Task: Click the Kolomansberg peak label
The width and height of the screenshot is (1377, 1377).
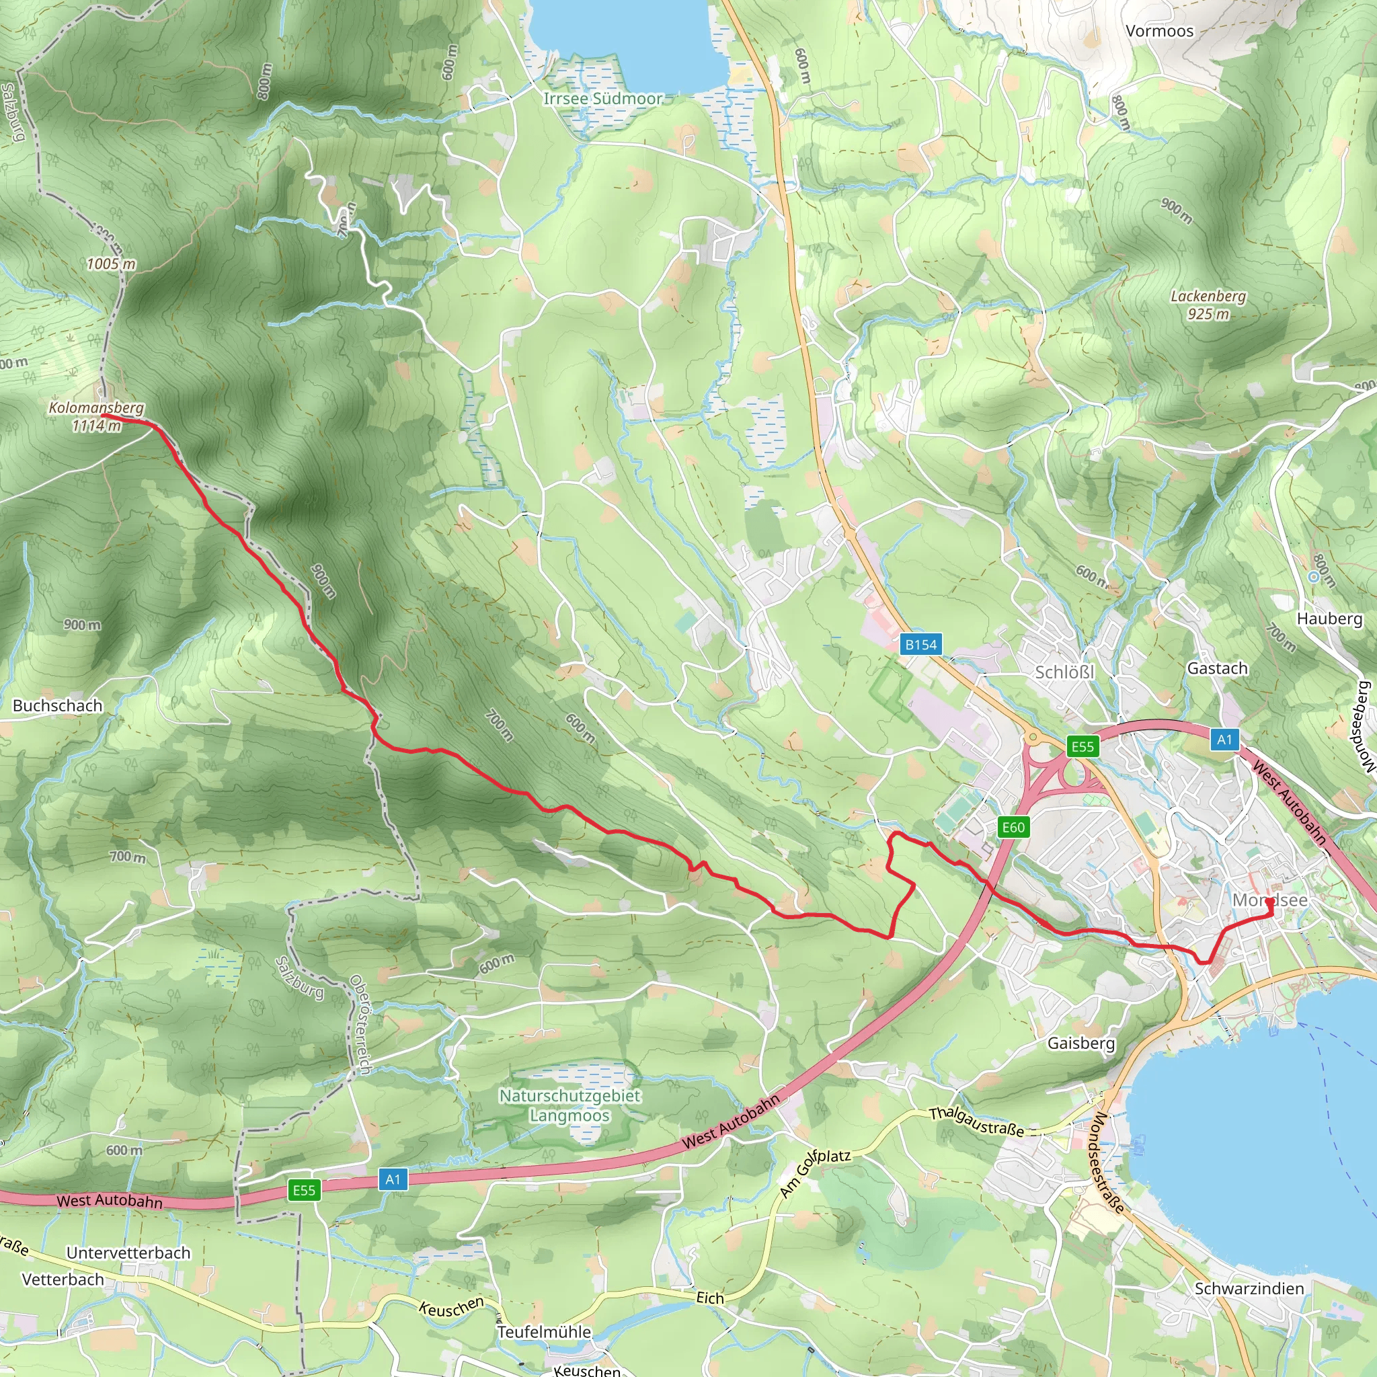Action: pos(96,416)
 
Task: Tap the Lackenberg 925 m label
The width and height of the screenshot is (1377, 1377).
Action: pos(1208,305)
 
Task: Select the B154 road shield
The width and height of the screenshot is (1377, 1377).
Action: pos(920,644)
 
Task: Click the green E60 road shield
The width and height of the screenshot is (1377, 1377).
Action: pos(1013,827)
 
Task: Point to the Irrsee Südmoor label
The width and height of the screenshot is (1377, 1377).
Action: pos(603,98)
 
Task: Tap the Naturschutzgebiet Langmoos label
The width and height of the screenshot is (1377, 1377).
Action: pos(569,1105)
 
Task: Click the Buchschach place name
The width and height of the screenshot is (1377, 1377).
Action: pos(58,705)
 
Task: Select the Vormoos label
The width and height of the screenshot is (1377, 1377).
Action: pos(1159,31)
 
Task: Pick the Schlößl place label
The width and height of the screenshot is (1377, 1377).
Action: pos(1064,672)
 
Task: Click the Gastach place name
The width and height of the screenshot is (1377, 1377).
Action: pos(1218,668)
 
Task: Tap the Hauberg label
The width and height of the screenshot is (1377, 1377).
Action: pos(1329,618)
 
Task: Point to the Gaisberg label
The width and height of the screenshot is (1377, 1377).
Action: pos(1080,1043)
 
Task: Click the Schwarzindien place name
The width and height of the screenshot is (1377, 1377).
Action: pos(1249,1289)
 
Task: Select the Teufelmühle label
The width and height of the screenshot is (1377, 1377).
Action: pos(545,1331)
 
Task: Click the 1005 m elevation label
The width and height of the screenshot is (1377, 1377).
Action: pos(111,264)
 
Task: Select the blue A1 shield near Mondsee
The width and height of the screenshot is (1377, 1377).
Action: pos(1224,739)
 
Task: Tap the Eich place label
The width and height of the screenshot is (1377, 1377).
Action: pos(710,1298)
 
